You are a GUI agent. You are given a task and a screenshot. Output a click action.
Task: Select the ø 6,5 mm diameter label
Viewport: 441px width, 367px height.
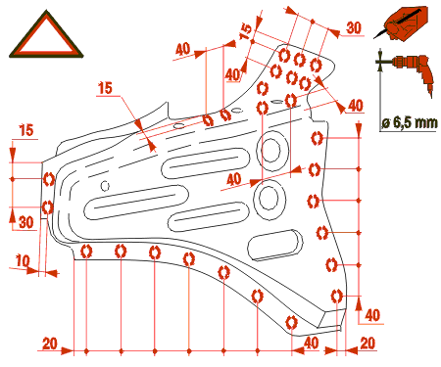(410, 122)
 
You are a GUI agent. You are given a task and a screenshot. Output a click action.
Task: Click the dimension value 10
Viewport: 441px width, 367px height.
(23, 261)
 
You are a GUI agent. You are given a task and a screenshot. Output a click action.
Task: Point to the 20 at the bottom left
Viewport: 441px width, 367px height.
(50, 344)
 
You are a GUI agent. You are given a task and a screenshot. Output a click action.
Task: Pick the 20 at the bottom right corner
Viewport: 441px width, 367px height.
(367, 344)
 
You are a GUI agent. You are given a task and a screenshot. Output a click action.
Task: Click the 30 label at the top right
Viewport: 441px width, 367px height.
(354, 28)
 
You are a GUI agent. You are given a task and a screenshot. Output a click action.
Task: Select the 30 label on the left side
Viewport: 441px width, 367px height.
(26, 222)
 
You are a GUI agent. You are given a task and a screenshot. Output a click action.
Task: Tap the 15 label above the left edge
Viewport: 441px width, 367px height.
(26, 130)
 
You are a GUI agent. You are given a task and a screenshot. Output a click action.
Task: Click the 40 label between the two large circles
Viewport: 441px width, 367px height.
(234, 179)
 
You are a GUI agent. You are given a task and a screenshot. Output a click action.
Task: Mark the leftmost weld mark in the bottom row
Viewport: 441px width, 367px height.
(86, 252)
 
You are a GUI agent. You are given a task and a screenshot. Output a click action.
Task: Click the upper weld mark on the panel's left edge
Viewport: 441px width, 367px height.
(49, 179)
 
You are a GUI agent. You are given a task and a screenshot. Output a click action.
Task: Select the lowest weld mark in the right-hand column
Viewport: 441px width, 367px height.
(336, 297)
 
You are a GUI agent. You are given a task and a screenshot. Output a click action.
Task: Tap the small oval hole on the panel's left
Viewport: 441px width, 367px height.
(105, 186)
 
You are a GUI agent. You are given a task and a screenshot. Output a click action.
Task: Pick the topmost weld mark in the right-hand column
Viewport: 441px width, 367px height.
(317, 138)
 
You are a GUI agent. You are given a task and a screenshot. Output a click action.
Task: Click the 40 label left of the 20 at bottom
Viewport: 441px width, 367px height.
(312, 344)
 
